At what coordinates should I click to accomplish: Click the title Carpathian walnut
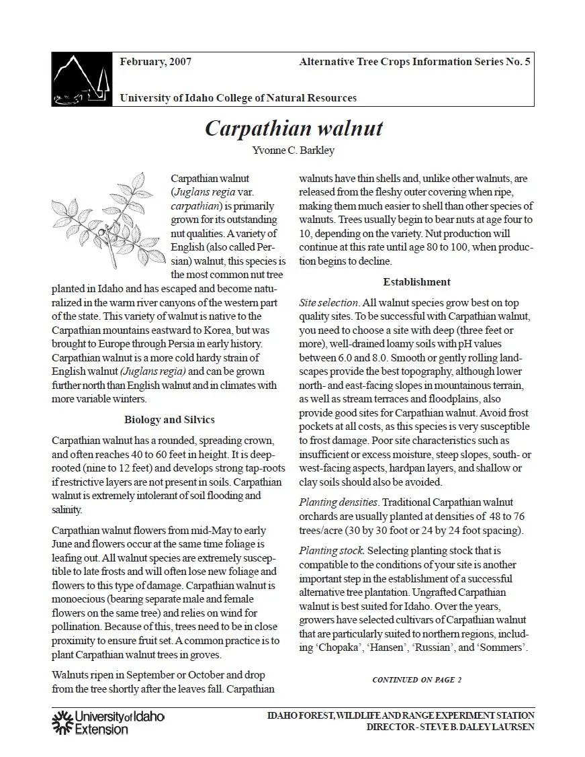click(294, 128)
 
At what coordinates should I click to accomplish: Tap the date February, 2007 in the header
click(155, 62)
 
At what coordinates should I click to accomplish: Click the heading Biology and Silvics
click(169, 420)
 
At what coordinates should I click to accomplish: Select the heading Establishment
click(416, 281)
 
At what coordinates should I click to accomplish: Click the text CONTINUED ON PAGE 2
click(416, 680)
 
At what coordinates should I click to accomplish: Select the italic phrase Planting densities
click(339, 502)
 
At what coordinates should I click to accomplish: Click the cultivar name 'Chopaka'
click(335, 648)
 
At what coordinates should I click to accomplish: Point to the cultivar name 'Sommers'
click(504, 648)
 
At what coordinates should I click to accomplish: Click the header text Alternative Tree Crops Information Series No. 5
click(414, 62)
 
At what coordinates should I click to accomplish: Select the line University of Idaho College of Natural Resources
click(238, 98)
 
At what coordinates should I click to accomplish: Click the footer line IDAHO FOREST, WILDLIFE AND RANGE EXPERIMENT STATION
click(400, 715)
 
